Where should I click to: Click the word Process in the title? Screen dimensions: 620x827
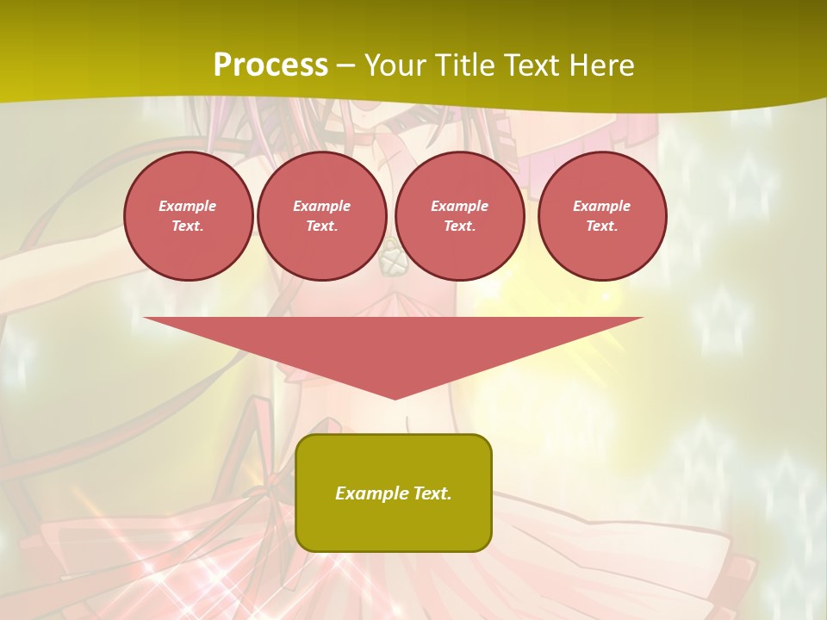point(270,65)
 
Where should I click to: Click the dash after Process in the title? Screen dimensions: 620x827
point(346,67)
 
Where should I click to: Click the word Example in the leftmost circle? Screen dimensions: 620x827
point(188,206)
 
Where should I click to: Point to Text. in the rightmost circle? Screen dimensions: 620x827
point(602,226)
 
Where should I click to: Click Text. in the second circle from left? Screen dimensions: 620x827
point(322,226)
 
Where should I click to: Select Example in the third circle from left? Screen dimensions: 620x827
point(460,206)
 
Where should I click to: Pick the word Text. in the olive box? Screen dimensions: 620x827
point(432,493)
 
